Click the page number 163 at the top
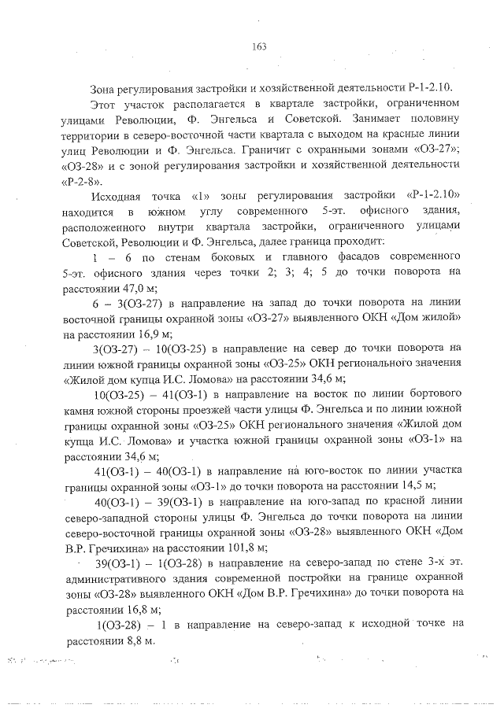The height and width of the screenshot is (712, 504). (259, 46)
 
